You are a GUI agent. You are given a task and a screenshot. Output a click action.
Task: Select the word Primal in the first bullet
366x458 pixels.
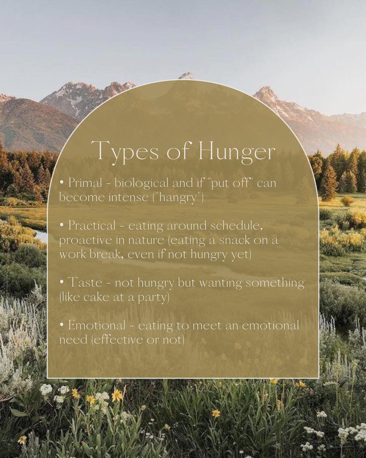point(85,183)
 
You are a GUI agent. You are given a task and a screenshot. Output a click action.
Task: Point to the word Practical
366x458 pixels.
point(92,225)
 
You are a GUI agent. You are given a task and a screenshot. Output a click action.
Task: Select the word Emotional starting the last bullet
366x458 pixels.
point(97,325)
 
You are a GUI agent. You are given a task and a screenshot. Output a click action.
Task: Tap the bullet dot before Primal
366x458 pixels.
point(62,183)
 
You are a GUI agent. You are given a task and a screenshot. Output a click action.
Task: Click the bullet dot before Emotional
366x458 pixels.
point(62,326)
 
